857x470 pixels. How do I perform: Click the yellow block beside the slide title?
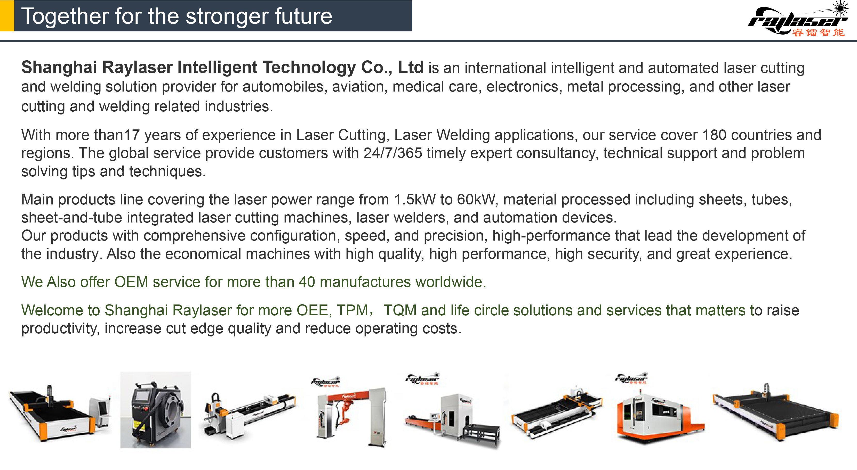[7, 16]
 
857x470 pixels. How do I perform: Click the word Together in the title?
[65, 17]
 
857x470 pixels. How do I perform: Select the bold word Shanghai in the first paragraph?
[59, 68]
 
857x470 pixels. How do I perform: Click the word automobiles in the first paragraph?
[283, 87]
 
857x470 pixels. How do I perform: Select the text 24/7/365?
[393, 153]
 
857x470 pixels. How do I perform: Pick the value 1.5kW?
[414, 200]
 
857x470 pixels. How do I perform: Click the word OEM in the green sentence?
[131, 282]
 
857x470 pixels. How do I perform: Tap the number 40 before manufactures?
[307, 282]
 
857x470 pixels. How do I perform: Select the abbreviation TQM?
[400, 310]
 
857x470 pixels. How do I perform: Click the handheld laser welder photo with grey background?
[155, 410]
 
